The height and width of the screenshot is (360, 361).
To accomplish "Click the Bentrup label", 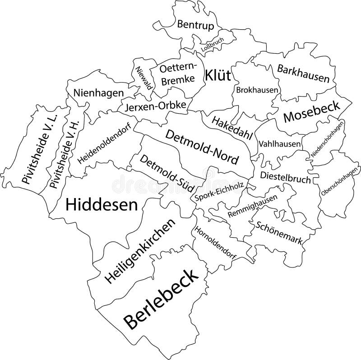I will coord(195,25).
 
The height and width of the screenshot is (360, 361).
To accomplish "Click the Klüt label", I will coord(218,75).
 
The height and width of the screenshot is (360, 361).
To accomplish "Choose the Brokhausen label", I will coord(257,90).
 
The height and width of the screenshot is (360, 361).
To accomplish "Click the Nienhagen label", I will coord(98,93).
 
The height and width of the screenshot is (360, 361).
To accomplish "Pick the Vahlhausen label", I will coord(280,144).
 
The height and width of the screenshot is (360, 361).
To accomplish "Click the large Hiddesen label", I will coord(102,205).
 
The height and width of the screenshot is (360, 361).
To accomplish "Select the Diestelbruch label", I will coord(285,177).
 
